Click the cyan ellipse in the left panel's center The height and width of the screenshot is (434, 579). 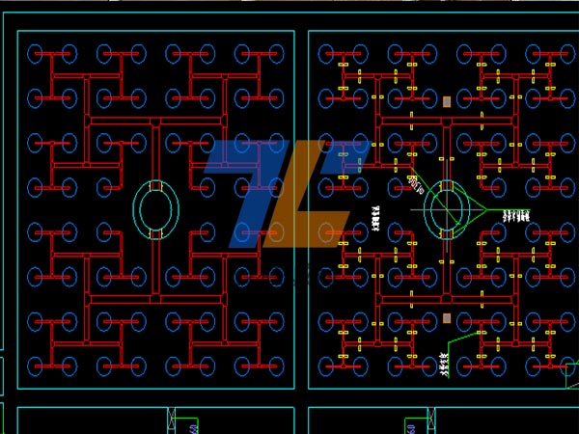pyautogui.click(x=155, y=209)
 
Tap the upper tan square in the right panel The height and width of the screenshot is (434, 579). pyautogui.click(x=446, y=100)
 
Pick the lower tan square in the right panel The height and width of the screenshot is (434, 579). pyautogui.click(x=446, y=317)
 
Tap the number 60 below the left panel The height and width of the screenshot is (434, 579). pyautogui.click(x=193, y=428)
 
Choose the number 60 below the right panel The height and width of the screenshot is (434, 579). pyautogui.click(x=410, y=428)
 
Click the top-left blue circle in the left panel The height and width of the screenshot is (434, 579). pyautogui.click(x=38, y=52)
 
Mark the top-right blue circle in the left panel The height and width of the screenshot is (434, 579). pyautogui.click(x=273, y=52)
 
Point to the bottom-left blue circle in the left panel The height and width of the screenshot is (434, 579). pyautogui.click(x=38, y=366)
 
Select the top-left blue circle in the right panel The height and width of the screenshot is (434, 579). pyautogui.click(x=328, y=52)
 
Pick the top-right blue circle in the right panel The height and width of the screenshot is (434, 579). pyautogui.click(x=563, y=52)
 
